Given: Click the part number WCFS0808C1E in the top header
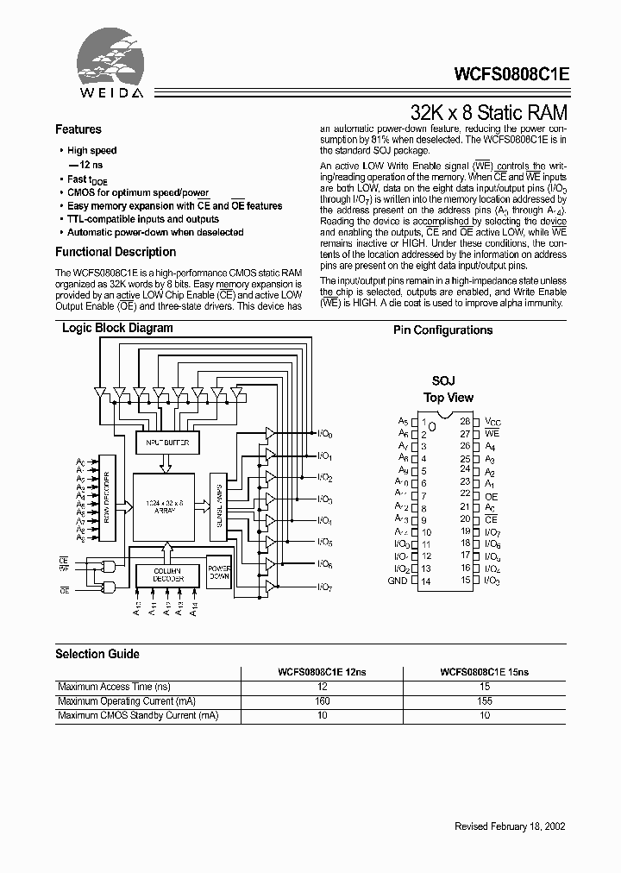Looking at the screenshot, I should pos(505,74).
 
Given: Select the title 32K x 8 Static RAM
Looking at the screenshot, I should pos(489,112).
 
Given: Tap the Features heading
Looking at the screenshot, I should pos(78,129).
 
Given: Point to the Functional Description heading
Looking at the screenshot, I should pos(116,252).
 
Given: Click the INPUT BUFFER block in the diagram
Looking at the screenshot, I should pos(168,443).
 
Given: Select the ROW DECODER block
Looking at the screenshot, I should pos(108,499).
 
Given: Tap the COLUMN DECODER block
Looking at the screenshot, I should pos(168,575).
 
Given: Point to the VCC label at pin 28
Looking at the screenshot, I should pos(492,422).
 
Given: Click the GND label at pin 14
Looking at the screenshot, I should pos(397,581).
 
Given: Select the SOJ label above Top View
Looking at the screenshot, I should pos(443,380).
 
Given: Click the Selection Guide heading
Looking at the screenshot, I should pos(97,654).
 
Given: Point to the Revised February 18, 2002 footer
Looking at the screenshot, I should pos(510,826).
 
